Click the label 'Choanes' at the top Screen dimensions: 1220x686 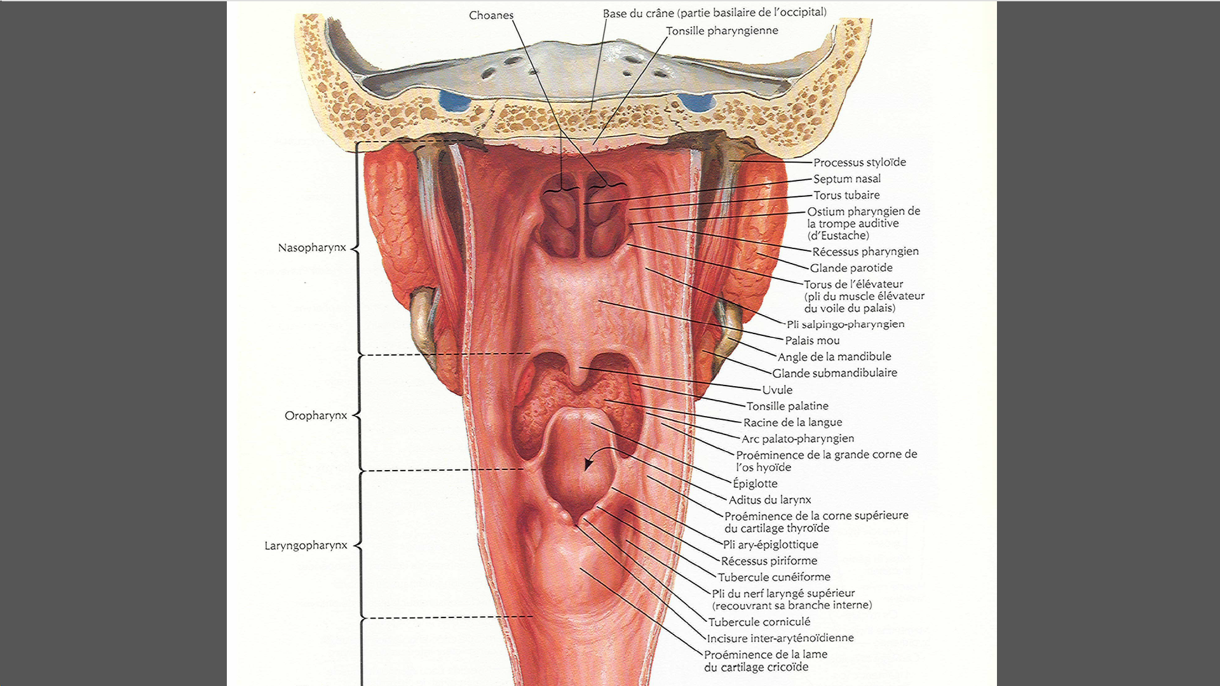point(491,15)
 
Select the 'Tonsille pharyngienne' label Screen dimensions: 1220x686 point(722,30)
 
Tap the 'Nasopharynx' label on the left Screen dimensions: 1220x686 point(312,248)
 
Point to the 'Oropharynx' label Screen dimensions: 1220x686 point(316,415)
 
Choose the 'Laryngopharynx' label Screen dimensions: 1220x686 point(306,546)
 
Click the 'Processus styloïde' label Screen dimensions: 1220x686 point(860,163)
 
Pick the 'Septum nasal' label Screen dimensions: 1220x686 point(847,179)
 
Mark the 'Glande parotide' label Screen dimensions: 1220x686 point(851,268)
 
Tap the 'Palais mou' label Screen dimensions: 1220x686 point(812,340)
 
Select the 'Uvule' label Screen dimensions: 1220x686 point(777,390)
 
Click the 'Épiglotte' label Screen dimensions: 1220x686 point(755,483)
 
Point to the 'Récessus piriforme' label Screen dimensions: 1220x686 point(769,561)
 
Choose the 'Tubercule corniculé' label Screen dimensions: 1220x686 point(759,622)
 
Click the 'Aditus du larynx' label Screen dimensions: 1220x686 point(769,500)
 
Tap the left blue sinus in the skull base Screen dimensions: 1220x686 point(454,100)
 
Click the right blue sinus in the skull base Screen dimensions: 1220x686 point(696,102)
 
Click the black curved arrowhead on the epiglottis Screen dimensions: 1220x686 point(589,464)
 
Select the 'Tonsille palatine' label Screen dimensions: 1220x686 point(787,406)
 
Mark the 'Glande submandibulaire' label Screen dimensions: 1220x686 point(834,373)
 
